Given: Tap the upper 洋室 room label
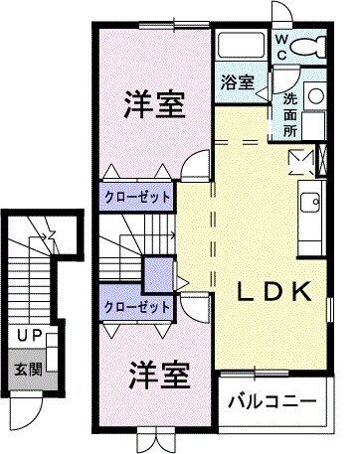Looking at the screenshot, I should click(x=155, y=105).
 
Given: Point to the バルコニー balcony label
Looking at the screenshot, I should click(x=272, y=402).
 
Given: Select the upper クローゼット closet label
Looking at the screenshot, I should click(x=136, y=197).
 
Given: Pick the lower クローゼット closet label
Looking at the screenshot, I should click(x=136, y=307).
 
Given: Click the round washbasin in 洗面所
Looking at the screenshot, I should click(x=314, y=95).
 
